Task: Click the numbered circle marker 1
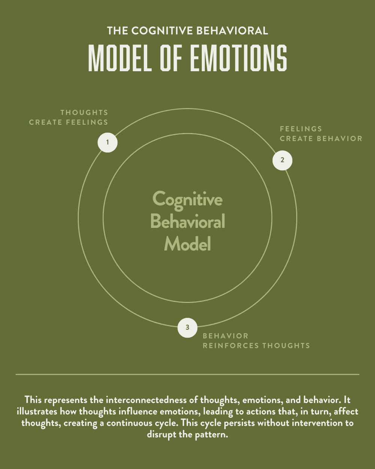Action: point(108,143)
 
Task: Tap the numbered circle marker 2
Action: point(282,160)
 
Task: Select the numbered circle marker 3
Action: point(187,328)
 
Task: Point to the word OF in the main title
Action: point(171,59)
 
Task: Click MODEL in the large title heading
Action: point(120,59)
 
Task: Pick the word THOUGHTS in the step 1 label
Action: point(84,113)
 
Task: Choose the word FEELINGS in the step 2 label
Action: point(301,129)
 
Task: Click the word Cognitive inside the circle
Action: point(187,199)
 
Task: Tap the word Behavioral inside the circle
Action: point(187,222)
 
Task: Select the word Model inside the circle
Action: point(187,244)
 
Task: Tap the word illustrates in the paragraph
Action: point(37,411)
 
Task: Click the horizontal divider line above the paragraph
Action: point(187,374)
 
